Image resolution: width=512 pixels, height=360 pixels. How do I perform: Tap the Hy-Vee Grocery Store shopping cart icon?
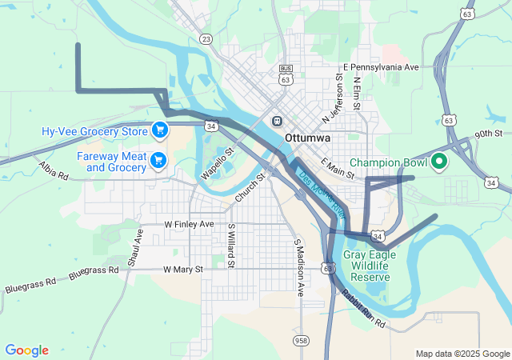click(159, 130)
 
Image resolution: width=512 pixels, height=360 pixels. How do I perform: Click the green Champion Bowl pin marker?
click(438, 162)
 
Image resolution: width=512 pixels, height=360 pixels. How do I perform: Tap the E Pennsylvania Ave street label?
click(381, 67)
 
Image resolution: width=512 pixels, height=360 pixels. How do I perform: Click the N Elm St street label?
click(357, 90)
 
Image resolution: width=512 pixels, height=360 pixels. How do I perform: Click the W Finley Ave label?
click(189, 225)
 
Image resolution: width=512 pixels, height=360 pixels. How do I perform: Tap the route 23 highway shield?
click(206, 38)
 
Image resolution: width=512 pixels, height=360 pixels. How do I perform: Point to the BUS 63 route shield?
click(286, 75)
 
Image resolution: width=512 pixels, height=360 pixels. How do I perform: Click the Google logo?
click(27, 350)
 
